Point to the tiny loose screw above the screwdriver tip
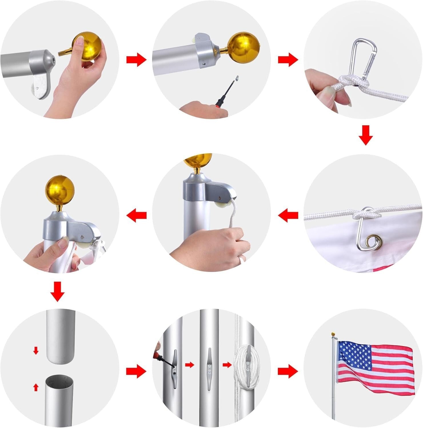[x=237, y=78]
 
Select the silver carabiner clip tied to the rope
[x=362, y=58]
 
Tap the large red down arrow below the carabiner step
[x=366, y=135]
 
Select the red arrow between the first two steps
[x=136, y=60]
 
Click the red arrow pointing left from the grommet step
[x=288, y=215]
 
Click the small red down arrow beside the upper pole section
[x=36, y=350]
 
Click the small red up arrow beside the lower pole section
[x=36, y=387]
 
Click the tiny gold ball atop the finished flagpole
[x=333, y=334]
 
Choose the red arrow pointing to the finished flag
[x=288, y=371]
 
